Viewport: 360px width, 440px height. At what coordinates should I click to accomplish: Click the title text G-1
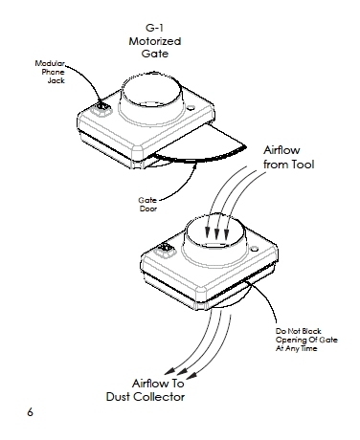pos(154,28)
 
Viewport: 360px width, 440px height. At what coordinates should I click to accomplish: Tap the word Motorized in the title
pos(155,41)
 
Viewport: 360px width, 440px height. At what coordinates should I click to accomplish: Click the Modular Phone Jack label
pos(51,72)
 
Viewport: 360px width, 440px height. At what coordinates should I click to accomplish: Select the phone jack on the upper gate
pos(101,109)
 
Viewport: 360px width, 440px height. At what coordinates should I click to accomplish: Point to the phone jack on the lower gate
pos(166,249)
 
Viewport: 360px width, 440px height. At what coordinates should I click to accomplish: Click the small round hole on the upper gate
pos(191,108)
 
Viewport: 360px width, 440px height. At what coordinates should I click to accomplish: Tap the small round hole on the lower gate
pos(255,249)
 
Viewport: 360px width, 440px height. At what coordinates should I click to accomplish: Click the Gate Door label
pos(147,205)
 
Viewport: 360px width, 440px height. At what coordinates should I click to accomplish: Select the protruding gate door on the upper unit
pos(199,145)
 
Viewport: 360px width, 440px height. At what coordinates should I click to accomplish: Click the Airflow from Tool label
pos(288,157)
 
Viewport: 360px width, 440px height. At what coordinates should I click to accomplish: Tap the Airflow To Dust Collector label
pos(146,390)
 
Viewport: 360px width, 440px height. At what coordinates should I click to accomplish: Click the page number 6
pos(30,412)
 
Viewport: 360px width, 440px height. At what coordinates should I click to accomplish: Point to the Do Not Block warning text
pos(306,340)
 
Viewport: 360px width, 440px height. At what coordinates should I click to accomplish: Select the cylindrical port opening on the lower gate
pos(215,231)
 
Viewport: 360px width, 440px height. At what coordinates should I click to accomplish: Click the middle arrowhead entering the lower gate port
pos(216,234)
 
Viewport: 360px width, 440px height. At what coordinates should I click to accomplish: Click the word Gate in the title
pos(155,54)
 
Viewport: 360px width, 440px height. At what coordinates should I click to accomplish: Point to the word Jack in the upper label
pos(56,80)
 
